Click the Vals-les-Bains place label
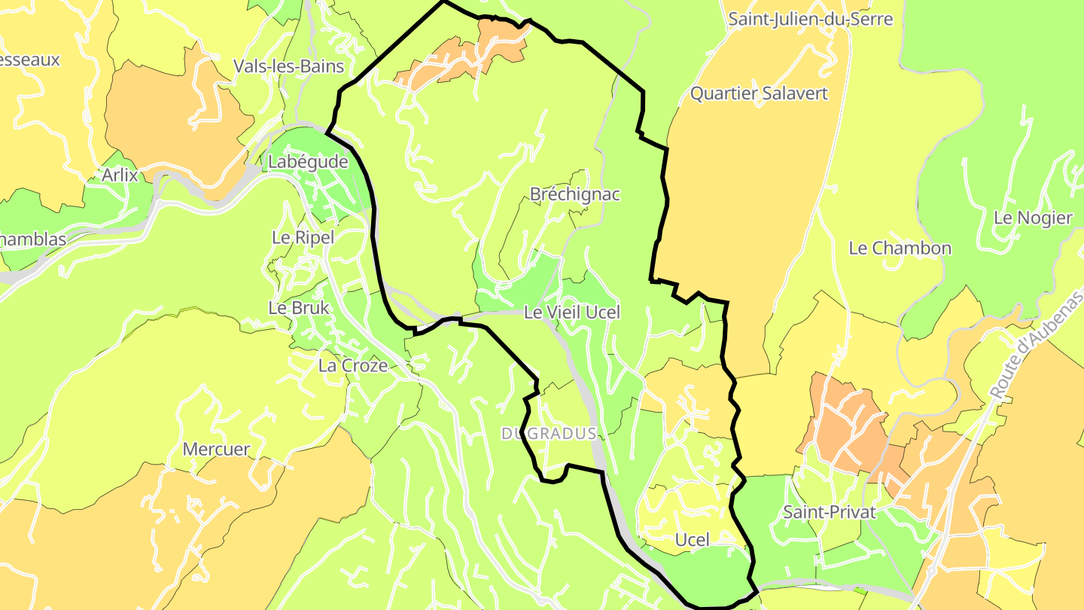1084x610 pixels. (288, 66)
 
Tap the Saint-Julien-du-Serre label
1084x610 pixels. (810, 19)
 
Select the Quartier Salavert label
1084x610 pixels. (759, 93)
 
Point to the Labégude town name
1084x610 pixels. (308, 162)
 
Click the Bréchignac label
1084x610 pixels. (575, 194)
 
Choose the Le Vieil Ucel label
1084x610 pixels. (572, 312)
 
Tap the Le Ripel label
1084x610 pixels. (303, 237)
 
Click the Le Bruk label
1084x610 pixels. (299, 308)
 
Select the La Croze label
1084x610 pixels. (353, 366)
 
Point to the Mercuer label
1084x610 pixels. (216, 450)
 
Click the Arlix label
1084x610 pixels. (120, 175)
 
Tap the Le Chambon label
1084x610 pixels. (900, 248)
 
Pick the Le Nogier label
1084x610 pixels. (1033, 218)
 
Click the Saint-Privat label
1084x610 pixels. (830, 512)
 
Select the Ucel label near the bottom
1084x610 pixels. (692, 540)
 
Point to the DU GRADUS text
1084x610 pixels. (549, 433)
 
